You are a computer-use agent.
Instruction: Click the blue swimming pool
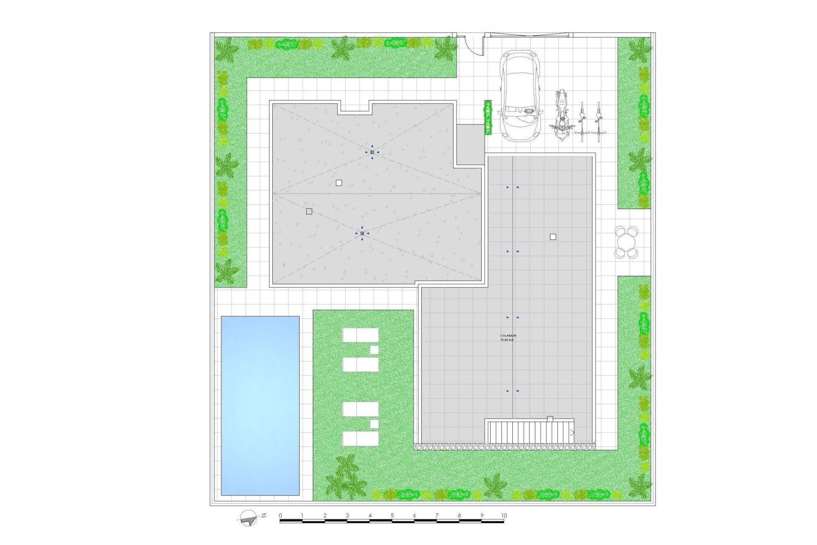coord(260,405)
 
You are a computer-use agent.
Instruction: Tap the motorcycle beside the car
coord(562,115)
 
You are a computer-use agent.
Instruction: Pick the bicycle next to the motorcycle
coord(582,122)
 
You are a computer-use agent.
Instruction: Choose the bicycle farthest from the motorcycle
coord(598,122)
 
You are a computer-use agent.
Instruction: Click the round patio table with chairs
coord(626,243)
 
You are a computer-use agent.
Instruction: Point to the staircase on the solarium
coord(530,432)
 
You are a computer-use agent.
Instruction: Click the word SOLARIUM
coord(508,336)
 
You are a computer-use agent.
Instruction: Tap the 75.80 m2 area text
coord(507,340)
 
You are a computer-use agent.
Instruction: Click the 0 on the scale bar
coord(280,516)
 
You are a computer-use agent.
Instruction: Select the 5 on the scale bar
coord(392,516)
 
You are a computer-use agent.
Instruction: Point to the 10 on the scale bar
coord(504,516)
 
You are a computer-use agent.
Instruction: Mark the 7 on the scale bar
coord(437,516)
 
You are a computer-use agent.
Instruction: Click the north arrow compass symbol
coord(249,517)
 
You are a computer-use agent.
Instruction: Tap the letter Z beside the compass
coord(264,515)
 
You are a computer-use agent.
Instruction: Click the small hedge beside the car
coord(488,118)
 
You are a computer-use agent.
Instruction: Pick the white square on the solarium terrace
coord(553,237)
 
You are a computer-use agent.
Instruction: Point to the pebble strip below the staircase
coord(504,446)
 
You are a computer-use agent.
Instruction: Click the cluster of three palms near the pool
coord(346,477)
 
